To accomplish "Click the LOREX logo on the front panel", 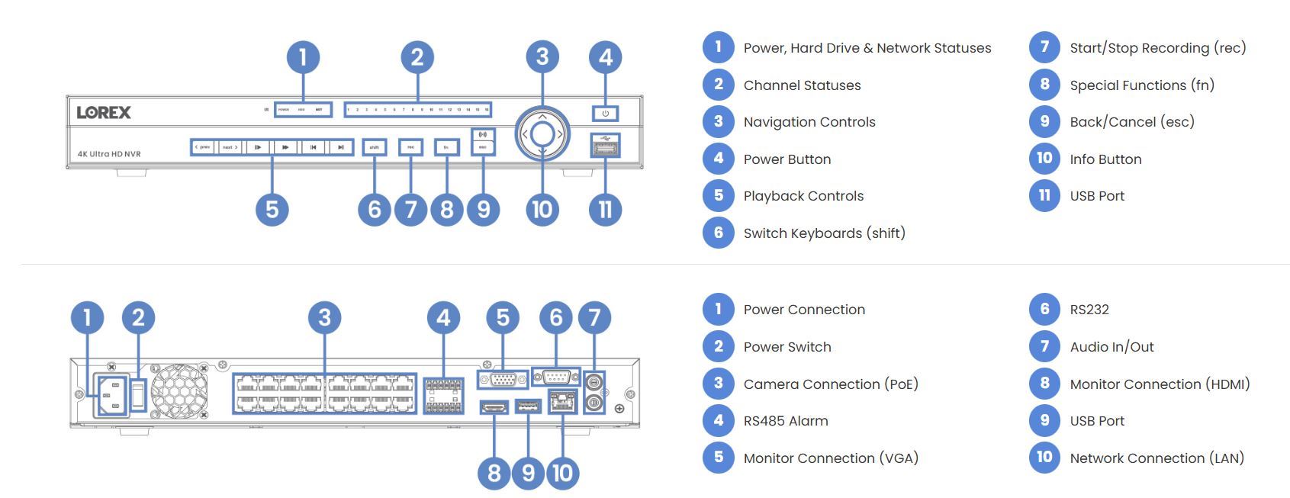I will coord(104,113).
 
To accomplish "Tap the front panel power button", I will coord(605,114).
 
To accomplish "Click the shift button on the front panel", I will coord(375,147).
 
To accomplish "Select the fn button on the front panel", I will coord(446,147).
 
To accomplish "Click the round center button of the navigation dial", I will coord(542,134).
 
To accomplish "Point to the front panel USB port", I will coord(605,147).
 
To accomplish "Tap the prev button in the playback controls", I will coord(203,147).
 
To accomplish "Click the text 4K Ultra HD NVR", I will coord(109,154).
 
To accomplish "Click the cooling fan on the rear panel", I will coord(179,391).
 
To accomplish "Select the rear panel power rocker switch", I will coord(138,394).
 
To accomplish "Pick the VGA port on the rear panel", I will coord(503,379).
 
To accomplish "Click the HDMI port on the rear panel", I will coord(494,407).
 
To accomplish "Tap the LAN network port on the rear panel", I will coord(562,400).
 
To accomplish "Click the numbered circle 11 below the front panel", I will coord(605,209).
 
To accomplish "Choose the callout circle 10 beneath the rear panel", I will coord(562,473).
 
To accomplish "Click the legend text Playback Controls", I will coord(803,196).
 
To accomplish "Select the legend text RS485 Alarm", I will coord(786,421).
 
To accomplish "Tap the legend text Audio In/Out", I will coord(1111,347).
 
